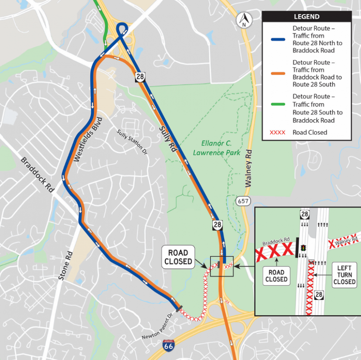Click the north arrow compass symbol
243,19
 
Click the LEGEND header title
306,17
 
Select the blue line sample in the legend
278,39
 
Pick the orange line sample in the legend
278,73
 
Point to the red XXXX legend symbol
278,133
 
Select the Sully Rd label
166,138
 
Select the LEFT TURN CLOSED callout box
344,275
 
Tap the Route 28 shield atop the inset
305,213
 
